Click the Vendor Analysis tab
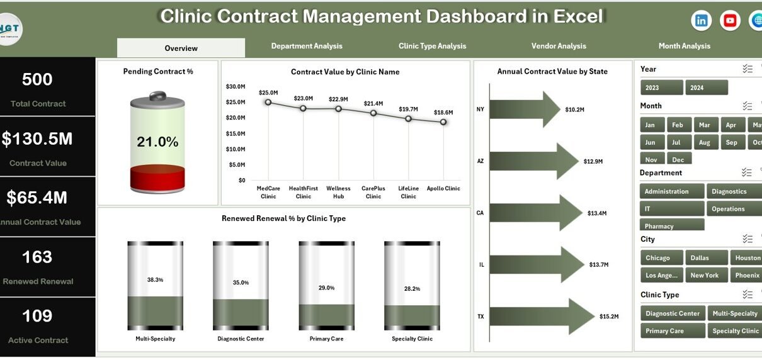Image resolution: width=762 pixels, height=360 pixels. [x=559, y=46]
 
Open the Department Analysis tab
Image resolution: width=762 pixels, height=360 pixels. [x=307, y=46]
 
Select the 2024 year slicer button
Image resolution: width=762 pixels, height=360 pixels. [x=706, y=87]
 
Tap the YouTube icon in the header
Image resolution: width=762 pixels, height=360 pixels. [x=730, y=21]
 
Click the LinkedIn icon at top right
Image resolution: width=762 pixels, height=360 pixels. [x=701, y=21]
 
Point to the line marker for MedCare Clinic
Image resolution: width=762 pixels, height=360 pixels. [x=268, y=102]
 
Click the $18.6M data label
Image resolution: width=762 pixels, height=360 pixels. [x=443, y=112]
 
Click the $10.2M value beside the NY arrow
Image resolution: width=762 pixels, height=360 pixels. [x=574, y=110]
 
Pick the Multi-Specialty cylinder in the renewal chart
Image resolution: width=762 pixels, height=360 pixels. [x=155, y=286]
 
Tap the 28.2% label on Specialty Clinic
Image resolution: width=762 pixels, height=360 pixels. [x=412, y=289]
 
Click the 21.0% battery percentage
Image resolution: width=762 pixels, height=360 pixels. [x=157, y=142]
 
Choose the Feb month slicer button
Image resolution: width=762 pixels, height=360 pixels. [x=677, y=125]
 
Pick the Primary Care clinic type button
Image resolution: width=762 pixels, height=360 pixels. [x=664, y=330]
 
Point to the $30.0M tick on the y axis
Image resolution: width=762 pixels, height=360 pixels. [x=236, y=86]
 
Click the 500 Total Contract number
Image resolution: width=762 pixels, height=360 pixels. [x=37, y=79]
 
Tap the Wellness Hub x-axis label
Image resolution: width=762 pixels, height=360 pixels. [x=338, y=192]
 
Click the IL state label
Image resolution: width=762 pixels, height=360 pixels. [x=482, y=265]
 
